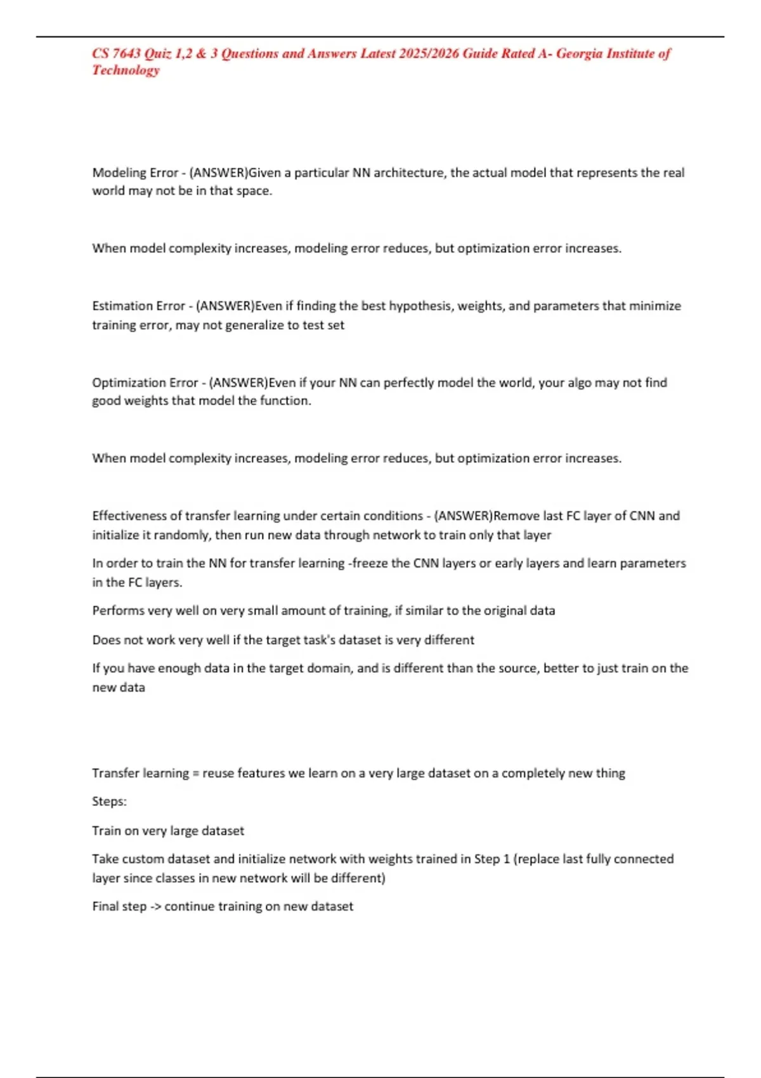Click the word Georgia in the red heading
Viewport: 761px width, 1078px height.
579,53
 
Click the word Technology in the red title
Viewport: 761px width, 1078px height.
126,70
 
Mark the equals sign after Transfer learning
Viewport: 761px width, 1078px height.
195,774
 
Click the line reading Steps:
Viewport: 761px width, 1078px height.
109,802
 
